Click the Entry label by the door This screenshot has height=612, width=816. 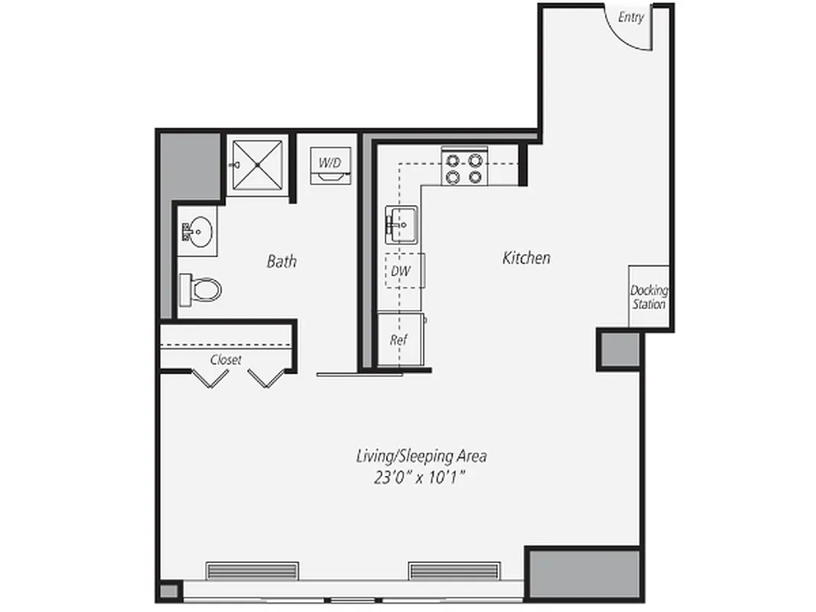(x=631, y=18)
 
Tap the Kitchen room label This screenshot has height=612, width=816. (x=526, y=259)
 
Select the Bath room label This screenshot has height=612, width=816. (x=281, y=262)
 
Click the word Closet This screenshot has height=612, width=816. (x=226, y=360)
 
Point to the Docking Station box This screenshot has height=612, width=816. (x=649, y=297)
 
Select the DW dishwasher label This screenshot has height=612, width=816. (x=398, y=270)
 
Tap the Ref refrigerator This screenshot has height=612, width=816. (x=398, y=339)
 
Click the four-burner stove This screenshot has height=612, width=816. (x=464, y=168)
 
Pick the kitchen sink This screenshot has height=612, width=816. (x=401, y=225)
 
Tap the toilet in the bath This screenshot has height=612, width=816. (x=201, y=289)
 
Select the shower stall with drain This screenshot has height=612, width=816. (x=257, y=164)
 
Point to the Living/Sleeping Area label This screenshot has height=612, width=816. (x=421, y=457)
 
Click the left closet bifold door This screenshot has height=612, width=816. (x=209, y=378)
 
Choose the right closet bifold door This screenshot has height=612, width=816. (x=266, y=378)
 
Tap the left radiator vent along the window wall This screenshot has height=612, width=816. (x=252, y=571)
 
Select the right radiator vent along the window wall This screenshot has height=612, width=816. (x=454, y=571)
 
